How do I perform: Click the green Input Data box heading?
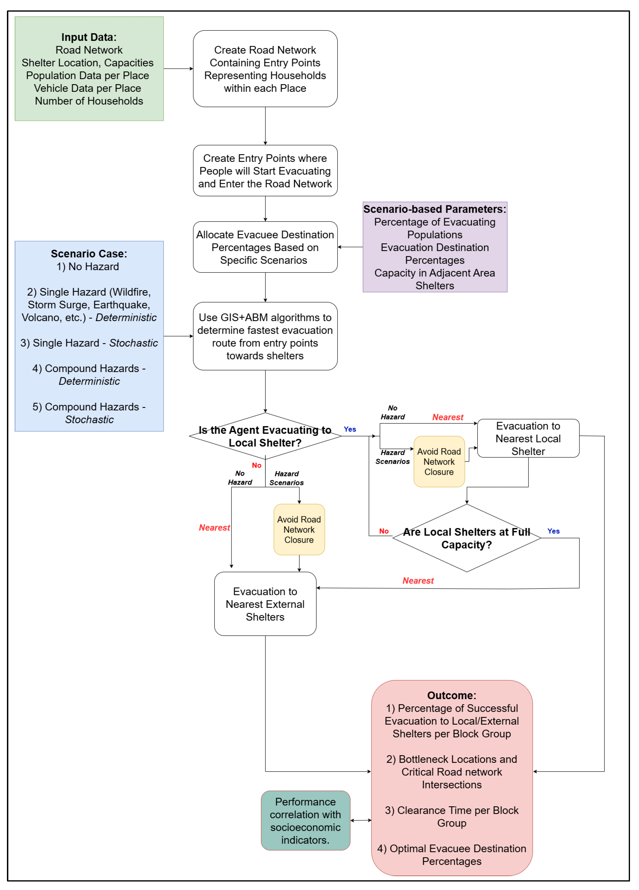pos(89,37)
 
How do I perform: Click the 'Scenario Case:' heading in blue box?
pos(89,254)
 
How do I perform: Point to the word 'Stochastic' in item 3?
pos(133,343)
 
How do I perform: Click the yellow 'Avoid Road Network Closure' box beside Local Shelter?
pos(439,462)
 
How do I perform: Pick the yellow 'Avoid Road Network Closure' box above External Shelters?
pos(299,530)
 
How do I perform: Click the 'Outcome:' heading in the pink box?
pos(452,695)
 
